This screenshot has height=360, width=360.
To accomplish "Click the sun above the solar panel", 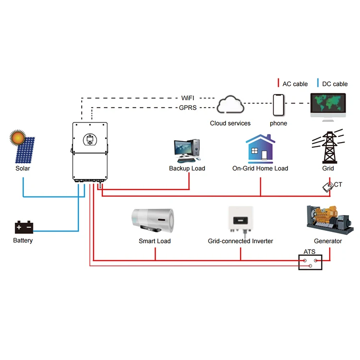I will (x=18, y=138).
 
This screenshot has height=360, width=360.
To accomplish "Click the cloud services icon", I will (x=230, y=105).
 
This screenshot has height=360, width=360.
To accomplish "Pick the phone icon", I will (x=278, y=105).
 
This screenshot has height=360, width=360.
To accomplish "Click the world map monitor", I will (x=328, y=104).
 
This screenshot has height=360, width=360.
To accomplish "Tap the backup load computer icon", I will (x=187, y=151).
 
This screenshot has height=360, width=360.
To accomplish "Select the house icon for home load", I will (x=260, y=149).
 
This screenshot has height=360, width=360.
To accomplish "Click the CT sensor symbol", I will (x=328, y=187).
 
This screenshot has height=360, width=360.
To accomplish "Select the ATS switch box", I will (x=311, y=262).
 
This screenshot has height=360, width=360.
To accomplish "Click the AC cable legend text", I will (x=295, y=84).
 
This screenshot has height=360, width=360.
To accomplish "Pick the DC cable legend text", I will (x=335, y=84).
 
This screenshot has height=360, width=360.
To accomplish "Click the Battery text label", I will (x=23, y=240).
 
